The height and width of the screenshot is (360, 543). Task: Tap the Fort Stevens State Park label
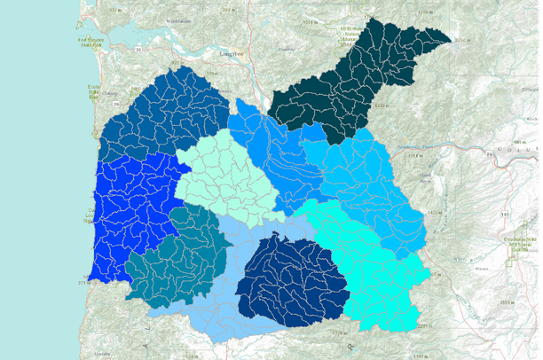(91, 43)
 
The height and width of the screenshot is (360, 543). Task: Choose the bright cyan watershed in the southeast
(373, 257)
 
